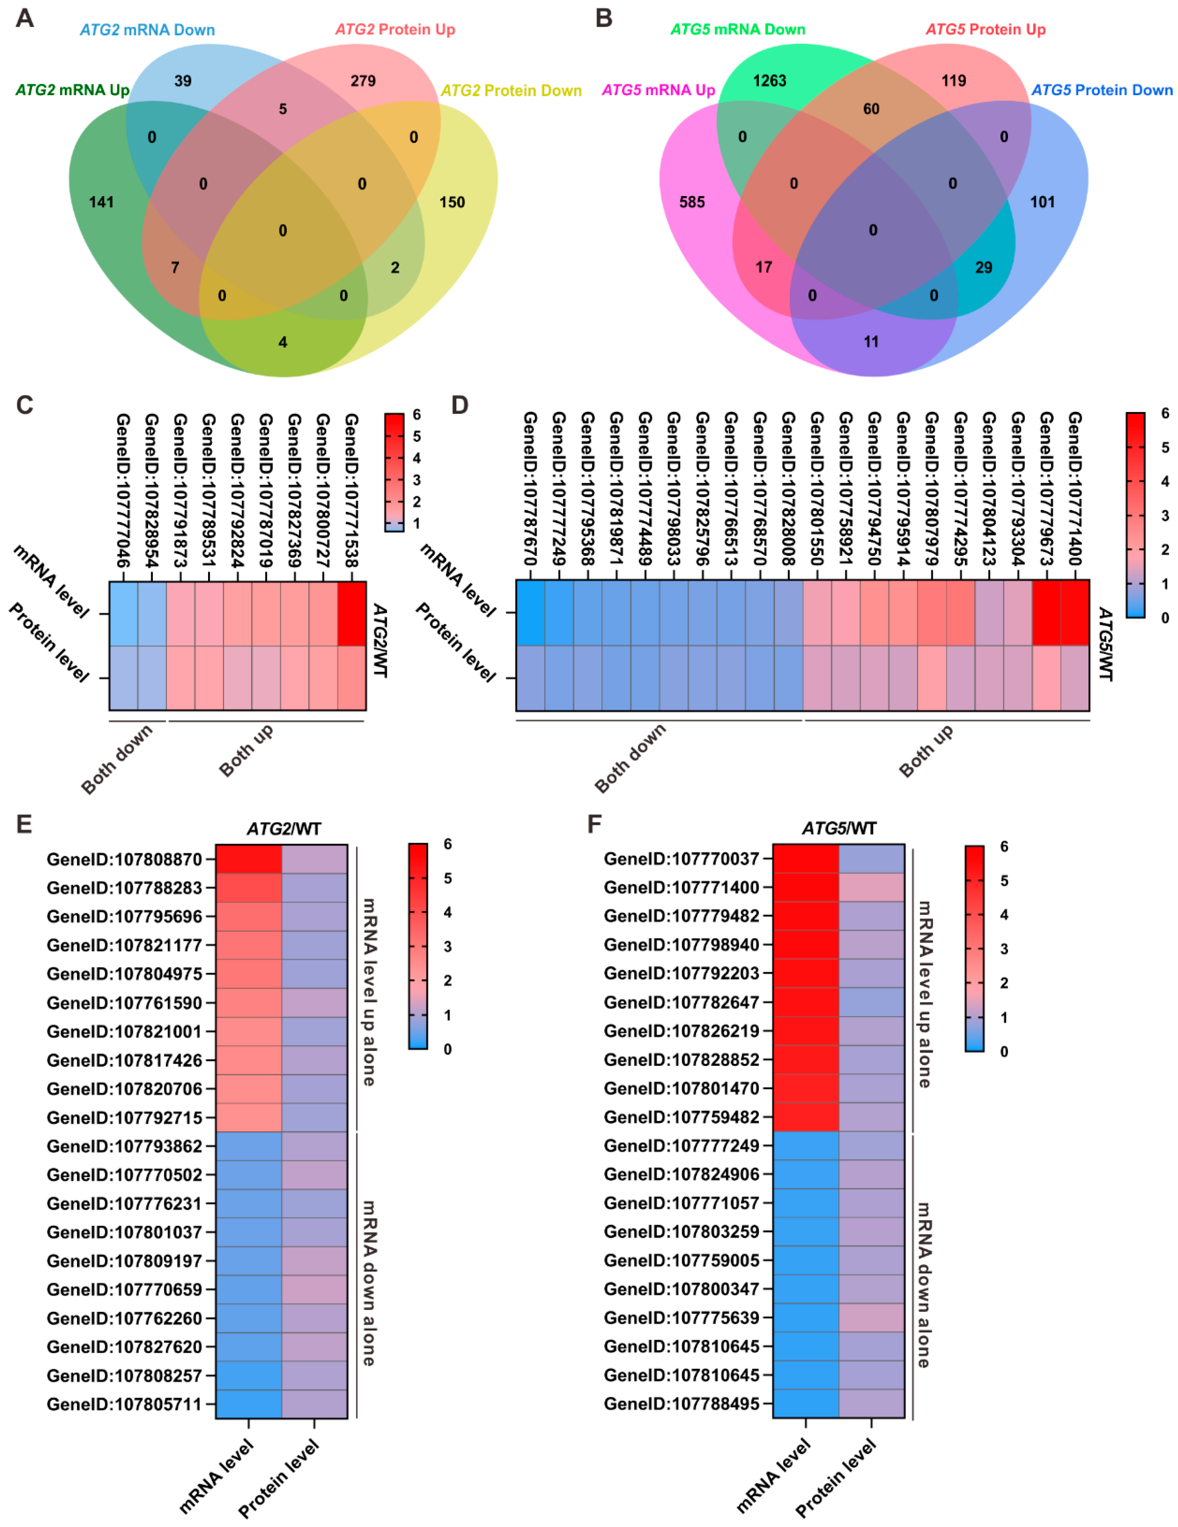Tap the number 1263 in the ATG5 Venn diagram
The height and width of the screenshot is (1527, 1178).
769,81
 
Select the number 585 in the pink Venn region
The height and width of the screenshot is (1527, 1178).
692,202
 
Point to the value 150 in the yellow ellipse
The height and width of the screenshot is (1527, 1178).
452,202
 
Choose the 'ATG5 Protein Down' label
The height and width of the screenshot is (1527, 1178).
1102,90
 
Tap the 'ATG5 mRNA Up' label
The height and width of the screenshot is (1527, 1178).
658,90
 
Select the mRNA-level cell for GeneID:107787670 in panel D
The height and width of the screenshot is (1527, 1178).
530,613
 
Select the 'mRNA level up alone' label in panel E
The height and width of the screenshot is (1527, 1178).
369,991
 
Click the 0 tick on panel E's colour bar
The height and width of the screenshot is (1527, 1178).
448,1049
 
